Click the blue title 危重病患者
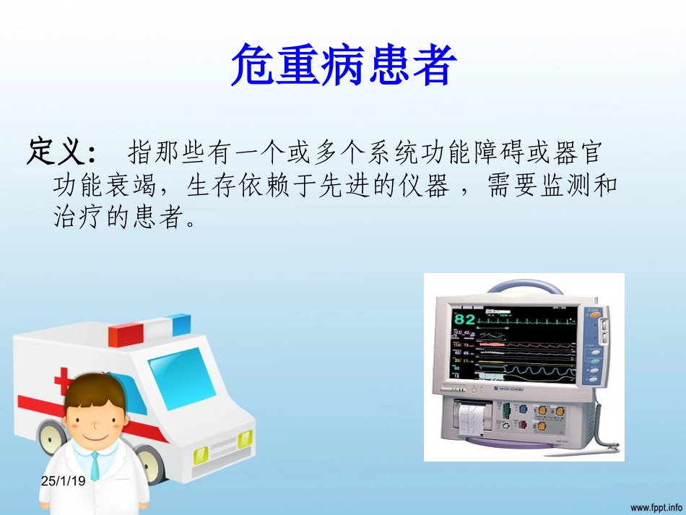343,66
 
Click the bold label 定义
61,152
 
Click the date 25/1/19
63,480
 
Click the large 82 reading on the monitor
465,319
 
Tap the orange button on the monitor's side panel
593,314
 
